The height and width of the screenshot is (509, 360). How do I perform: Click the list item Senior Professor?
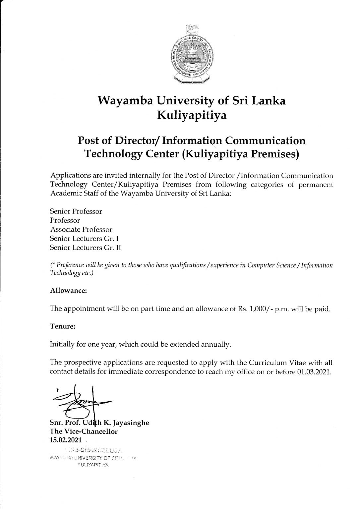click(x=76, y=211)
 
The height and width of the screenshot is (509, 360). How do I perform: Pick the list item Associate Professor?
click(x=81, y=229)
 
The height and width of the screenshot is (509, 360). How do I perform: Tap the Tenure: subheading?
click(x=63, y=326)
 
